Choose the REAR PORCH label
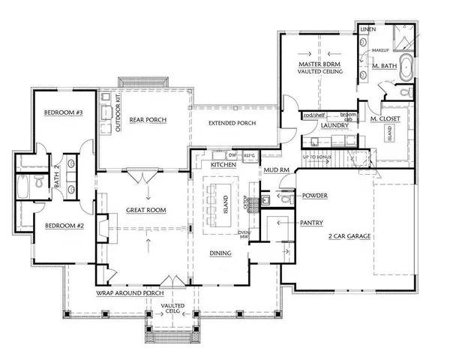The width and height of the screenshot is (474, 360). pyautogui.click(x=147, y=120)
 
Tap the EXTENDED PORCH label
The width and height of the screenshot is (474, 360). pyautogui.click(x=232, y=122)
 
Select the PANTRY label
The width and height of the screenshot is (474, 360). pyautogui.click(x=310, y=223)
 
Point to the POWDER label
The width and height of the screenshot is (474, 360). pyautogui.click(x=314, y=196)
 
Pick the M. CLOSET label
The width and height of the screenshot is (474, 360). pyautogui.click(x=385, y=119)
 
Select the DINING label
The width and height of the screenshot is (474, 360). pyautogui.click(x=220, y=253)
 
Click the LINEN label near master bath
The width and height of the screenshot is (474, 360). pyautogui.click(x=367, y=28)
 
